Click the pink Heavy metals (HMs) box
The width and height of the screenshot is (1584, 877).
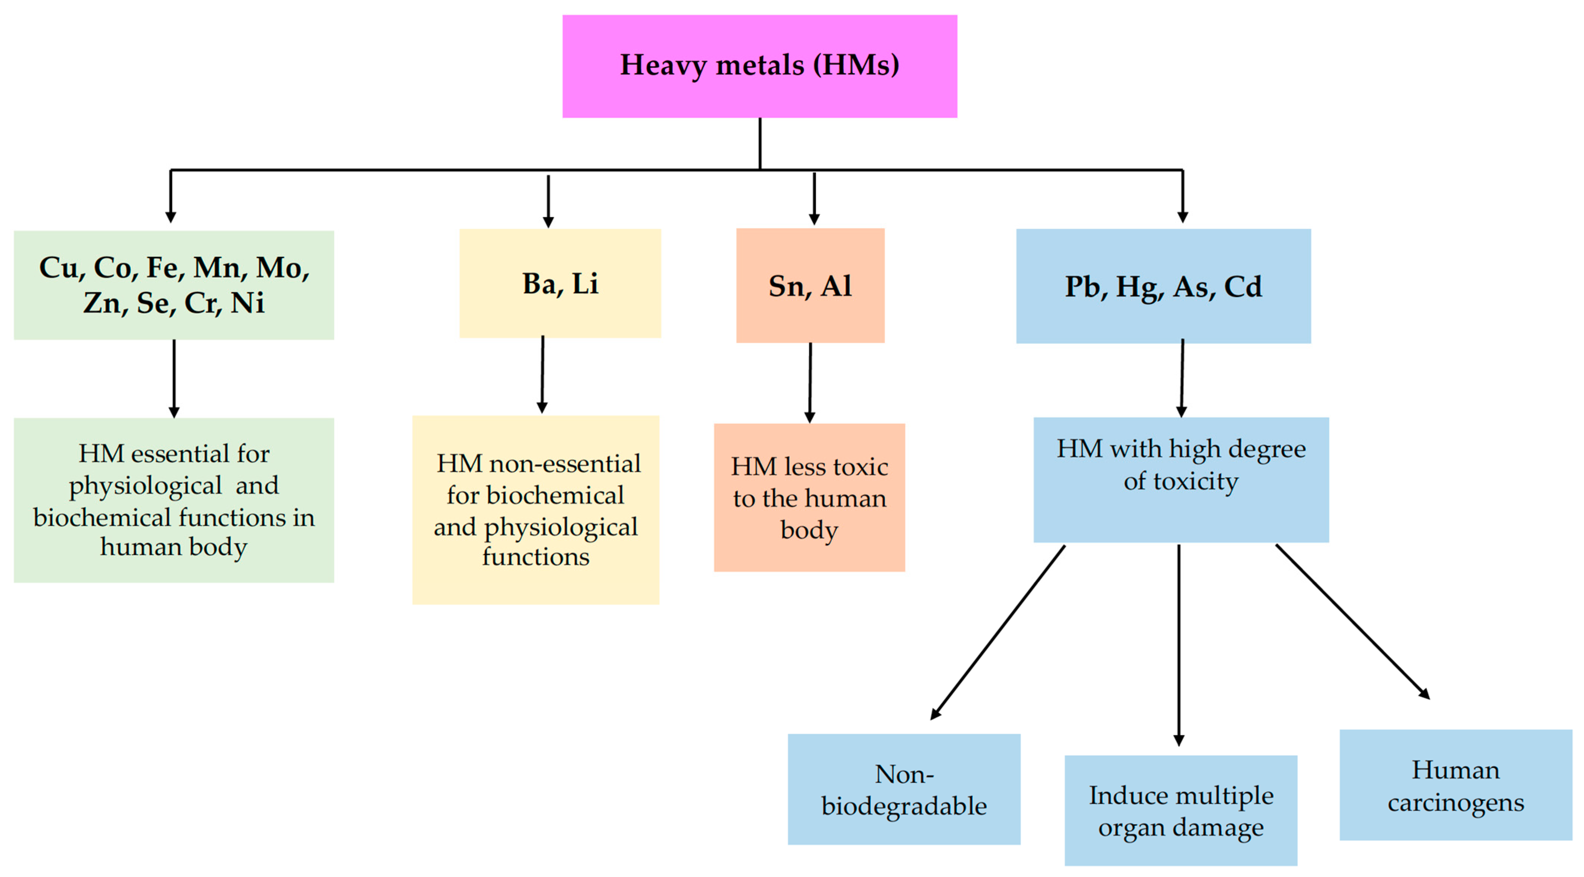759,66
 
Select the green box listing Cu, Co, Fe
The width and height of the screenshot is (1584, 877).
174,285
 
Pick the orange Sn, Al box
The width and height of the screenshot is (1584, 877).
810,286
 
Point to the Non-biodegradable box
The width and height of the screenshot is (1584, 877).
903,789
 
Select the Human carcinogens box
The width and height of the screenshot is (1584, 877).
1455,785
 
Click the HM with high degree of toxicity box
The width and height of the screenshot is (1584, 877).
1181,480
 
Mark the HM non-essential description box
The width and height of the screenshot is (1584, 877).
536,510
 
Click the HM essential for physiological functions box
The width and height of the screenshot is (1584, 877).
174,500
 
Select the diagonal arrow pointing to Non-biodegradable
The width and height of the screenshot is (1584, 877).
997,633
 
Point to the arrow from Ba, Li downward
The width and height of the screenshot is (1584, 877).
543,375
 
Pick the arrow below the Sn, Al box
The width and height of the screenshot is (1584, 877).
810,382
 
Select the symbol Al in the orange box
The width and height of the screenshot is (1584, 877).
836,286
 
